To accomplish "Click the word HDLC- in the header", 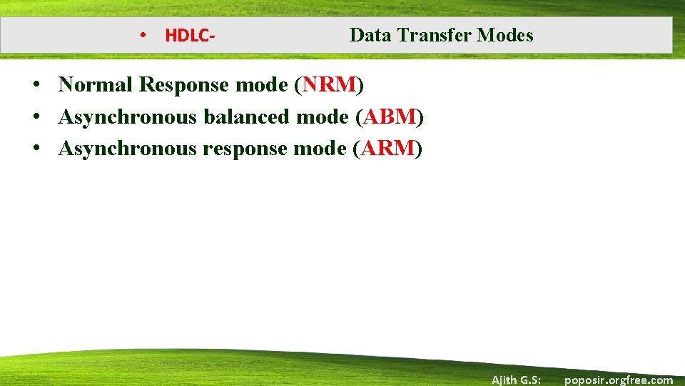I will (191, 36).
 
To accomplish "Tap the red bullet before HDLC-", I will (143, 35).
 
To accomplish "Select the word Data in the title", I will (369, 35).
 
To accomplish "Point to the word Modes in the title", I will (505, 35).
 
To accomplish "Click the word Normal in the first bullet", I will (96, 85).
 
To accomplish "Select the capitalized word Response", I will (184, 85).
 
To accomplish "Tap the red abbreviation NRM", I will (329, 85).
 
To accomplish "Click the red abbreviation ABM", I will (389, 117).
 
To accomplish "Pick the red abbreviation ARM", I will (388, 149).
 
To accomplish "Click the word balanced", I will (247, 117).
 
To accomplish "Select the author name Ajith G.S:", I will (516, 380).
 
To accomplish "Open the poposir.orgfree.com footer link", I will (618, 380).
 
